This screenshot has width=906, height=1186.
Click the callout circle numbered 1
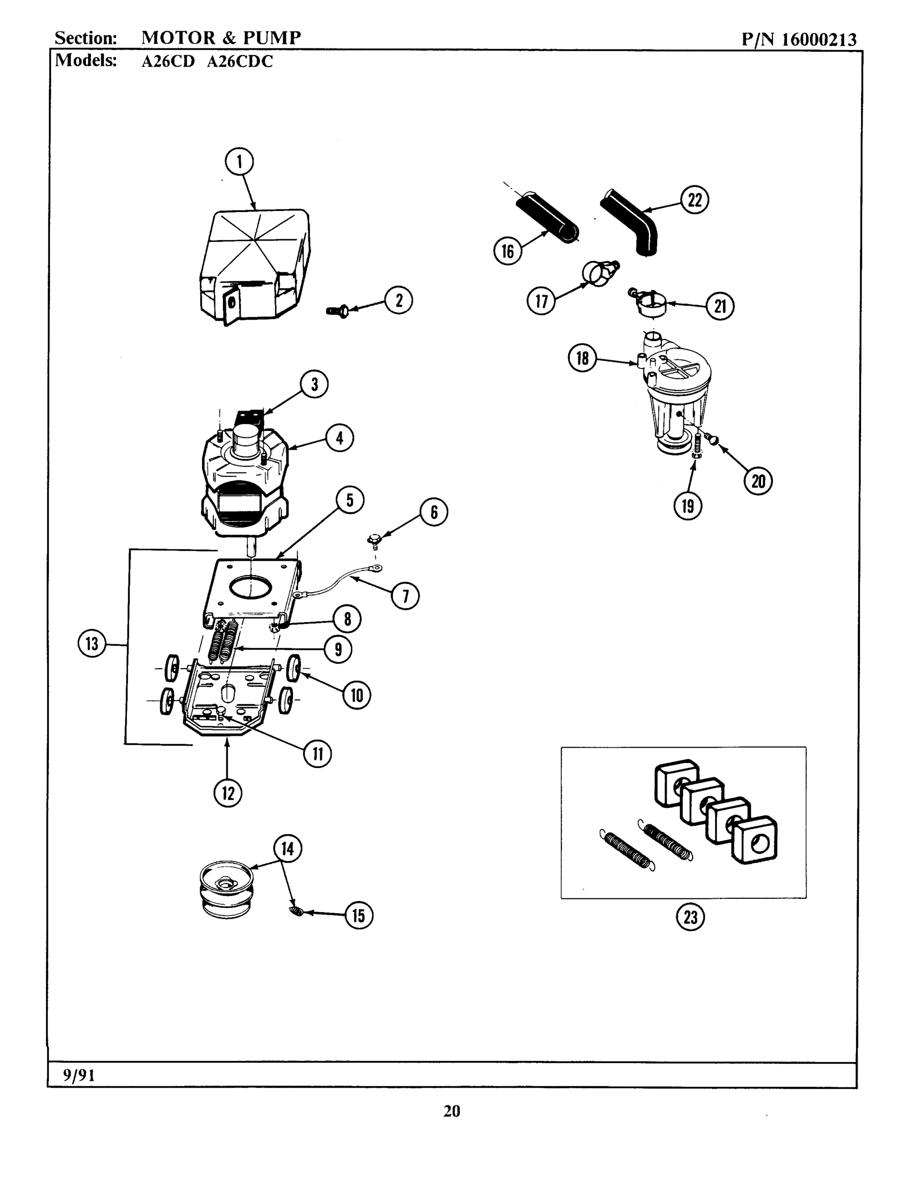click(x=239, y=161)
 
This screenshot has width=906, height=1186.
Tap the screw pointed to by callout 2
click(x=337, y=311)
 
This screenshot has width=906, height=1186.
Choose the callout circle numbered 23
click(x=690, y=917)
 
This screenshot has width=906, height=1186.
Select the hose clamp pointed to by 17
click(x=598, y=272)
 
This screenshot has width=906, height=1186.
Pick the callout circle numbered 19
click(x=688, y=506)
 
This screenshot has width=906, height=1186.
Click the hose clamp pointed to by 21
click(x=650, y=302)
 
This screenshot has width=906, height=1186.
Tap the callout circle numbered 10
click(x=356, y=695)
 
